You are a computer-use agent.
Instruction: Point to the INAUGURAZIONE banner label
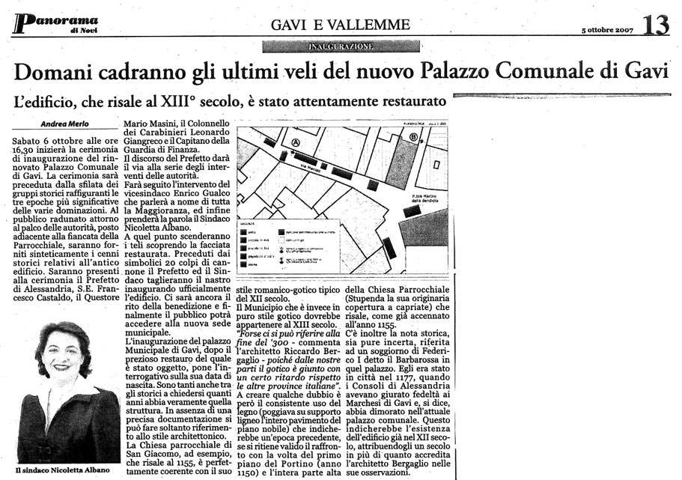(341, 46)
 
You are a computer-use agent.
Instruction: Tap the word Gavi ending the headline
(645, 72)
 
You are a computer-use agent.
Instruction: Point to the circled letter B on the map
(413, 138)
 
